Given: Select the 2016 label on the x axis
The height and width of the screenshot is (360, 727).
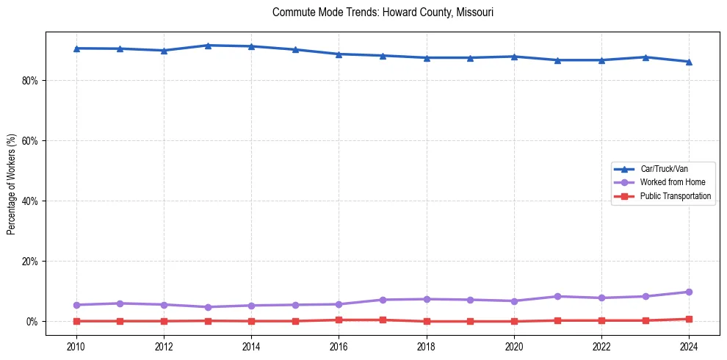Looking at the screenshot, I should [x=339, y=347].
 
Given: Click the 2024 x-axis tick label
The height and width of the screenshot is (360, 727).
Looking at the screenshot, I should [x=689, y=347].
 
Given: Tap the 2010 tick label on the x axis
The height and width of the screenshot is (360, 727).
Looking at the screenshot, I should [x=76, y=347].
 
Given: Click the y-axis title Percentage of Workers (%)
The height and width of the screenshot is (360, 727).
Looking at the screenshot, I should [x=11, y=184].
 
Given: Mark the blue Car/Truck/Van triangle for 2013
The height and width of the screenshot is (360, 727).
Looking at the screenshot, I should [x=208, y=46].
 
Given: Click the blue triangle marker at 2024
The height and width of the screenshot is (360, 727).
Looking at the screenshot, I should [x=689, y=62].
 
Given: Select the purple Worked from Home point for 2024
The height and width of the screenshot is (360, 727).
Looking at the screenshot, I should [x=689, y=292].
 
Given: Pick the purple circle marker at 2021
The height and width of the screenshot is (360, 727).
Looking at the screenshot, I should [x=557, y=296].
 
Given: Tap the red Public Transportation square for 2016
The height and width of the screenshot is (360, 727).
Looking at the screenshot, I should [x=339, y=320].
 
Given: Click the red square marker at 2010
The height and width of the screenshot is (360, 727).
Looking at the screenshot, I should [x=76, y=321].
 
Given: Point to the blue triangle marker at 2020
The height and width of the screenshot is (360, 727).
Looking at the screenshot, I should [x=514, y=57].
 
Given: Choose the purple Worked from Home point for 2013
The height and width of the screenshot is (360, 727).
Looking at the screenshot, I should [x=208, y=307].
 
